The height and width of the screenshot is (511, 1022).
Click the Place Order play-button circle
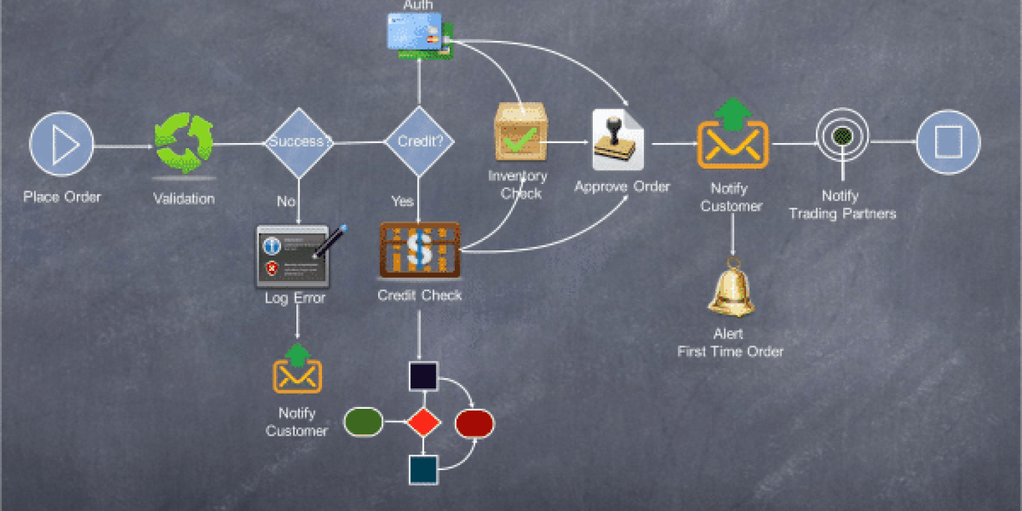pos(61,144)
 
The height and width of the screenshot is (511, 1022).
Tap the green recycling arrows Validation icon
pos(184,143)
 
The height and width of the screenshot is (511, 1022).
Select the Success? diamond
pos(299,142)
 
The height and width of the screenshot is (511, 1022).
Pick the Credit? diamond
pos(419,141)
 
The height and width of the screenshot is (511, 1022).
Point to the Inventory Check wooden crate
pos(521,133)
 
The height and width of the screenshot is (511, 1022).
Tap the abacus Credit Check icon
pos(420,250)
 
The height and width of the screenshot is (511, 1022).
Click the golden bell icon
pos(732,289)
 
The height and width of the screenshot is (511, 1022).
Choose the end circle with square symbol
pos(948,142)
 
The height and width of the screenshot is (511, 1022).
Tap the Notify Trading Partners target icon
pos(843,136)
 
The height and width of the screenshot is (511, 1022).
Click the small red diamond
pos(423,422)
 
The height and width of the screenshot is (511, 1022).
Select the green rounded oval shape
pos(363,422)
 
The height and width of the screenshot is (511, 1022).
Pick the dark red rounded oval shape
pos(474,423)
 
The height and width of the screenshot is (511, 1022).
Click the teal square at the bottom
pos(423,469)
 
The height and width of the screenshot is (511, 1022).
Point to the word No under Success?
pos(286,201)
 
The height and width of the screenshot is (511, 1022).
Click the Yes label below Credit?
pos(402,201)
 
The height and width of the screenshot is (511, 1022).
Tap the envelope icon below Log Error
pos(297,370)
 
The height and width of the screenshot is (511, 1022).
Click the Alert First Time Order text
pos(730,342)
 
